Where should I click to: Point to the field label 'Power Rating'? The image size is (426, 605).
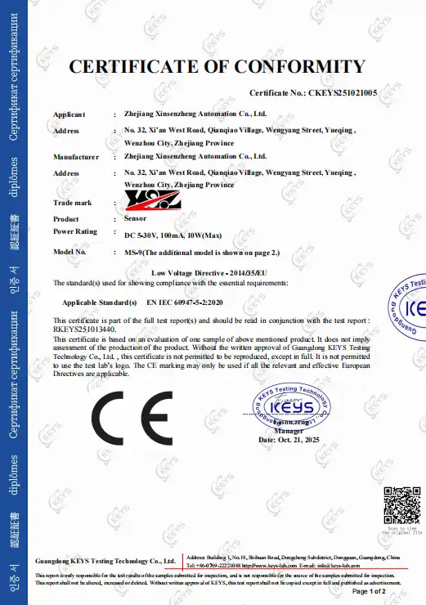tap(75, 231)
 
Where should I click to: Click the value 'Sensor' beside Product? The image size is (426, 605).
tap(136, 219)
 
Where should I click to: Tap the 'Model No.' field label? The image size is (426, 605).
tap(70, 253)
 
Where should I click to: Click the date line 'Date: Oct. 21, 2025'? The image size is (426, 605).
tap(291, 440)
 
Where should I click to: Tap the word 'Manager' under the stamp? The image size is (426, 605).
tap(289, 430)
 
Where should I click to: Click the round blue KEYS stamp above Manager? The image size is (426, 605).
tap(291, 403)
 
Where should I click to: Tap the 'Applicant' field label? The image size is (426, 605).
tap(69, 115)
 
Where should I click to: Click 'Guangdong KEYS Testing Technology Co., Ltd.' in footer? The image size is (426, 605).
tap(105, 562)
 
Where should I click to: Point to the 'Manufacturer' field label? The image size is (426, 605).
tap(76, 155)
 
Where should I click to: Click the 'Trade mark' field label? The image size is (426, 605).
tap(71, 201)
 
